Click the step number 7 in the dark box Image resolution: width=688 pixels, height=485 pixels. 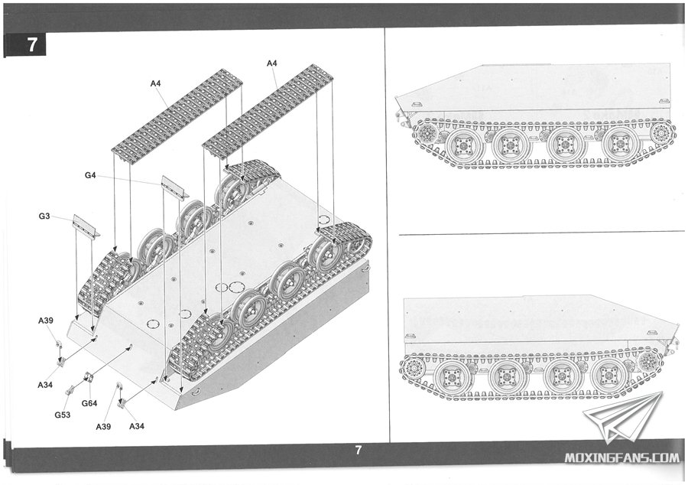[32, 44]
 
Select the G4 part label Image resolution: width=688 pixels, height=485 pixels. [90, 176]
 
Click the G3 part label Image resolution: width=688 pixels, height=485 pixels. [44, 217]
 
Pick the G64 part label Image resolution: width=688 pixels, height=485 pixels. [89, 403]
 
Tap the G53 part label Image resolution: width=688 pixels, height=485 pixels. [63, 415]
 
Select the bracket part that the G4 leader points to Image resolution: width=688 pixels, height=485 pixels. [174, 187]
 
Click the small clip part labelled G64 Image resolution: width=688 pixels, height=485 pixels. [89, 377]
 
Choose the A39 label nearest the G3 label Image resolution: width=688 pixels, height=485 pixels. [45, 320]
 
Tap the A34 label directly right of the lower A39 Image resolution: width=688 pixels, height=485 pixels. [138, 425]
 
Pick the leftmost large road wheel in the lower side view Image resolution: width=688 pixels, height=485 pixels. [452, 376]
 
